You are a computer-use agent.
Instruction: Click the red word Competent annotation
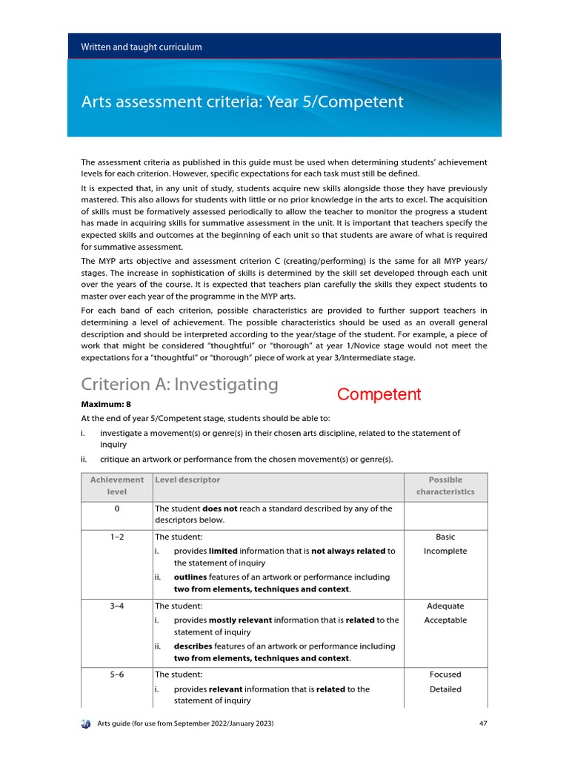[379, 394]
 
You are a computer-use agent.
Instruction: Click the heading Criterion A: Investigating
[179, 384]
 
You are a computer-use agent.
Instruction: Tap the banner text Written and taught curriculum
[141, 47]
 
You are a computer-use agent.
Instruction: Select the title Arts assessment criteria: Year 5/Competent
[242, 102]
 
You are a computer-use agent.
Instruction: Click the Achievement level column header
[117, 486]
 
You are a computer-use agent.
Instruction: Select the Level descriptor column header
[187, 480]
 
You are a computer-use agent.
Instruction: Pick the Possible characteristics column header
[445, 486]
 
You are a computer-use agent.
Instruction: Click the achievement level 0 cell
[117, 508]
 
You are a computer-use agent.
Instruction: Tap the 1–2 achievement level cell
[117, 537]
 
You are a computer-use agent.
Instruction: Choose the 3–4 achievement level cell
[117, 606]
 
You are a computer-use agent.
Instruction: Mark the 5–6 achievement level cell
[117, 675]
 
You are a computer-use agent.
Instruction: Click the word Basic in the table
[445, 537]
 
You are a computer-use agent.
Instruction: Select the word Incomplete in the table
[445, 551]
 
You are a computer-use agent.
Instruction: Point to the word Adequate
[445, 606]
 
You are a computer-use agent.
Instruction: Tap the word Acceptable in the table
[445, 620]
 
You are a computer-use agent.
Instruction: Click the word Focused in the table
[445, 675]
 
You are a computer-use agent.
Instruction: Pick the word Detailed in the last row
[445, 689]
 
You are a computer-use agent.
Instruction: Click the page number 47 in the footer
[482, 723]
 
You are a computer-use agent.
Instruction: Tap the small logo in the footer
[85, 723]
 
